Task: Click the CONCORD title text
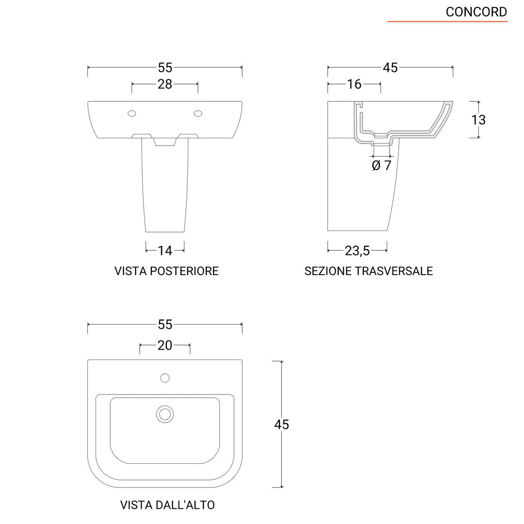click(476, 12)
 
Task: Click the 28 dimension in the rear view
click(165, 84)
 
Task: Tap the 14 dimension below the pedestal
click(165, 250)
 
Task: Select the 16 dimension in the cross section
click(354, 84)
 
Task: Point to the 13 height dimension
click(478, 119)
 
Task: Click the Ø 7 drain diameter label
click(381, 165)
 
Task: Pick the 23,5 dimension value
click(358, 250)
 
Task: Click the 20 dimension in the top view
click(165, 345)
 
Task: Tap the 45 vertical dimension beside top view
click(281, 424)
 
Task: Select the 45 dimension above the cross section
click(390, 67)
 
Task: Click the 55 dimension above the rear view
click(165, 67)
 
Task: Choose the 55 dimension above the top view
click(165, 324)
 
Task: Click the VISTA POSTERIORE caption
click(166, 271)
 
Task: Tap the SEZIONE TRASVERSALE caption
click(368, 271)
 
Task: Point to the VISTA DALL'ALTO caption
click(167, 505)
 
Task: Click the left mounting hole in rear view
click(132, 114)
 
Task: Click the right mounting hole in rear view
click(198, 114)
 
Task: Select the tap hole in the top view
click(165, 377)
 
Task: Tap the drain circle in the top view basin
click(165, 414)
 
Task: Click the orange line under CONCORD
click(447, 22)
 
